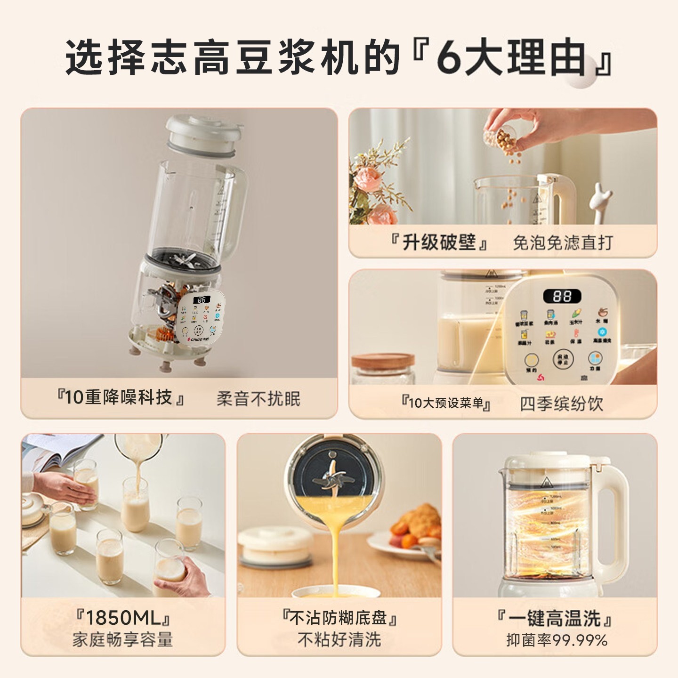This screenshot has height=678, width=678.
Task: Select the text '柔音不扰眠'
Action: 258,399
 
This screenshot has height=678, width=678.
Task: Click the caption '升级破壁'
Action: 439,242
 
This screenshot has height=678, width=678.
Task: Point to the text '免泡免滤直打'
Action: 562,242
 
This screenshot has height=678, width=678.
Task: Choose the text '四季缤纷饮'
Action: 561,404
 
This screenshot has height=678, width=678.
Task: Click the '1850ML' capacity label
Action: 123,617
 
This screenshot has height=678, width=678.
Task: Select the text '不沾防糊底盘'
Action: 339,617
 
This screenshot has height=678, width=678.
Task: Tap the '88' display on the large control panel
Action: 562,296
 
